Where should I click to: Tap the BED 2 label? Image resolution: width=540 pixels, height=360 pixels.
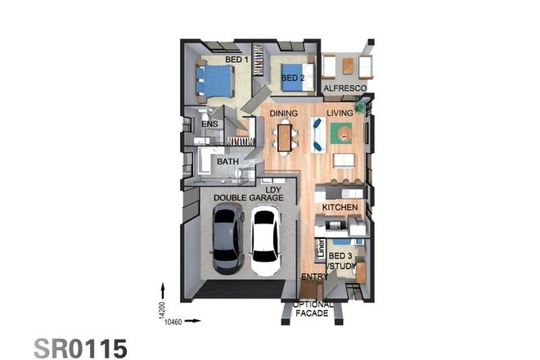click(x=294, y=79)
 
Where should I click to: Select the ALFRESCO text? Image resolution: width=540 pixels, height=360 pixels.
click(x=344, y=88)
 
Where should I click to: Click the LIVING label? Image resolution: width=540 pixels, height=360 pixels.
click(x=340, y=114)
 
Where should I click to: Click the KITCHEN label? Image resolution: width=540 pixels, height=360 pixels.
click(x=340, y=208)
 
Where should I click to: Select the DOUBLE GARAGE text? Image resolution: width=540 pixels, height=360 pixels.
click(x=248, y=198)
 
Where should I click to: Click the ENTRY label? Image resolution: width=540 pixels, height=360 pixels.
click(x=314, y=277)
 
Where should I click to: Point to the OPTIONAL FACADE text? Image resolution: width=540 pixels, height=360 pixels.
click(x=313, y=308)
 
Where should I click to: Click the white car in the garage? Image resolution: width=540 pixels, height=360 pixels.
click(x=265, y=241)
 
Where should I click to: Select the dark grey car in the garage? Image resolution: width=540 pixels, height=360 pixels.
click(x=227, y=241)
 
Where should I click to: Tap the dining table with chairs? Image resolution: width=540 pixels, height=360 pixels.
click(x=284, y=136)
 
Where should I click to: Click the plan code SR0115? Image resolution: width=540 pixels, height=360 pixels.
click(x=80, y=348)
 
